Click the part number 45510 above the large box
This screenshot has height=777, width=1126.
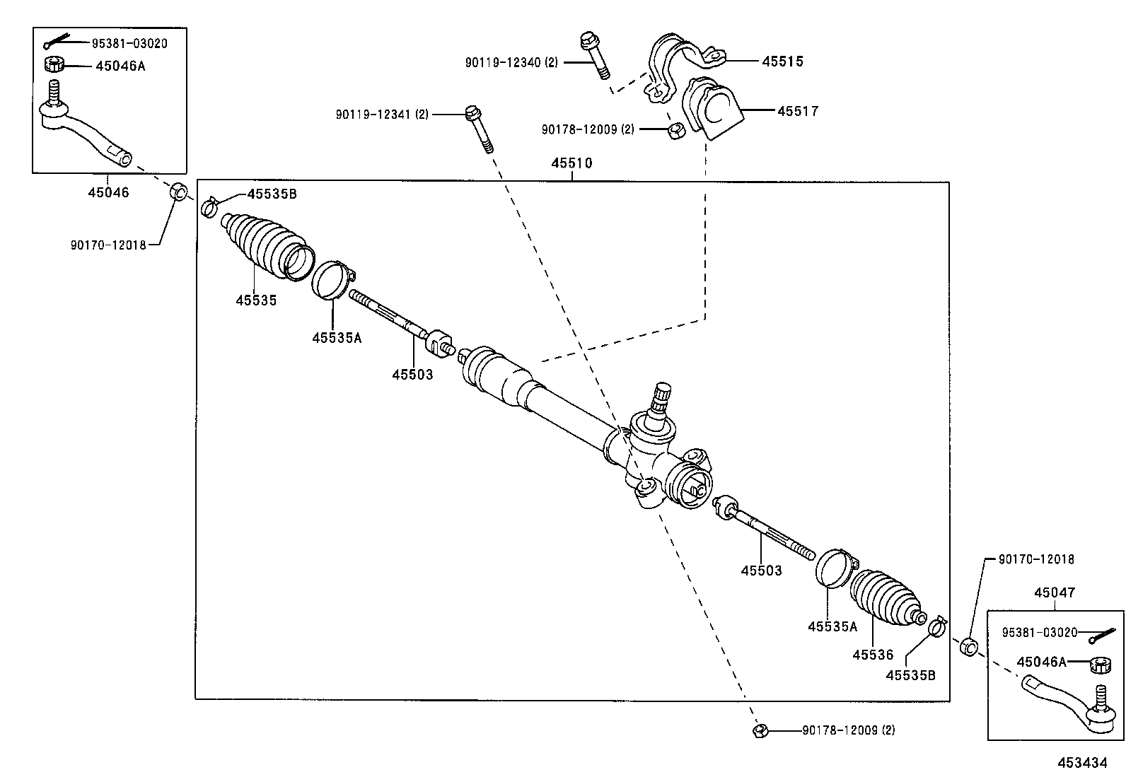(x=571, y=163)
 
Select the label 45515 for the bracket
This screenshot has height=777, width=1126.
(x=782, y=62)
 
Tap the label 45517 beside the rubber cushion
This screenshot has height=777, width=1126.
(x=798, y=111)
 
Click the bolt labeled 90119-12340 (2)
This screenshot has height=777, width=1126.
(x=593, y=54)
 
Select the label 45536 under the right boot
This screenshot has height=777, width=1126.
(x=873, y=655)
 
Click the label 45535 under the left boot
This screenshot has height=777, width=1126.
(x=256, y=300)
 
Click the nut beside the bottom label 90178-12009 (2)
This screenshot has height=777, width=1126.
(x=760, y=730)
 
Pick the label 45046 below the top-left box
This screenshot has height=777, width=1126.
(x=108, y=192)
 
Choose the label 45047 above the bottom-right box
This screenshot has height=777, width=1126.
(x=1054, y=592)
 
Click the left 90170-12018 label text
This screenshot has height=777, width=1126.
(x=108, y=245)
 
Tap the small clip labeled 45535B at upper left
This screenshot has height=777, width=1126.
(x=209, y=207)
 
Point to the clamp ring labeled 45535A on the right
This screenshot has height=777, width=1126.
(x=835, y=568)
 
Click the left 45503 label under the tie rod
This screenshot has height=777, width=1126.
(x=412, y=374)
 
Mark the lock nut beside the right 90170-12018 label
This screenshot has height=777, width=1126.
(x=968, y=646)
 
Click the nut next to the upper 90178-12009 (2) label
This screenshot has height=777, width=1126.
(x=675, y=131)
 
